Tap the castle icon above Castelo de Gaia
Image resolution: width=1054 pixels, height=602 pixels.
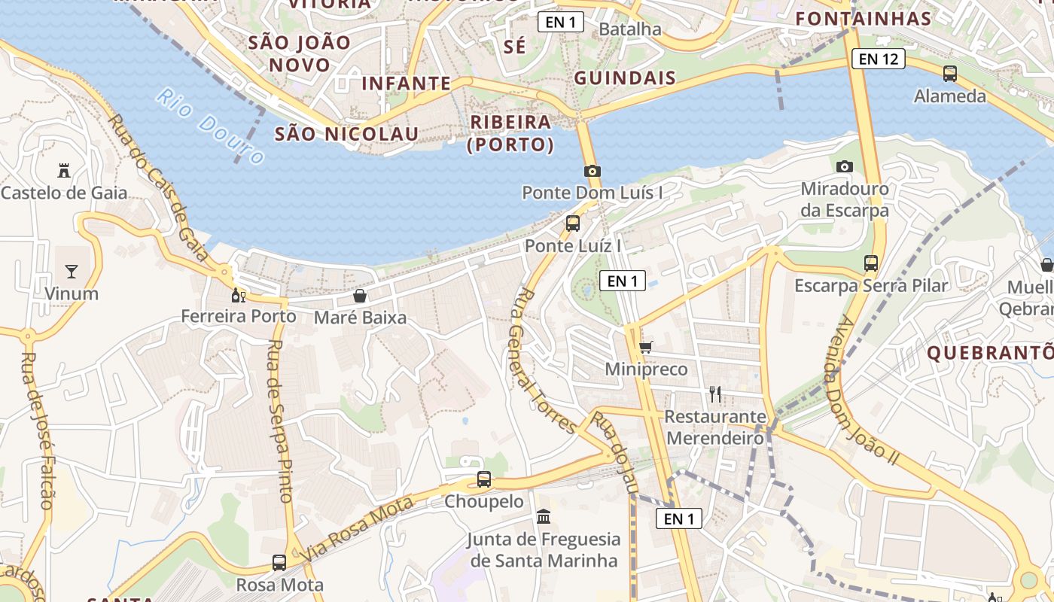click(64, 171)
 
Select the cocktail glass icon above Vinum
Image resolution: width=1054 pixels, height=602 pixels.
click(72, 272)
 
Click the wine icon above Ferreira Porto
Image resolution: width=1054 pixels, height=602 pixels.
click(239, 295)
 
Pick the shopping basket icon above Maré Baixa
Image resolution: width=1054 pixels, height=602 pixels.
click(360, 296)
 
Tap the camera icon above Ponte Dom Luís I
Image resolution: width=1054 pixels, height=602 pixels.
click(592, 171)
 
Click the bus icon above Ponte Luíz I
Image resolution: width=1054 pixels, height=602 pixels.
click(573, 223)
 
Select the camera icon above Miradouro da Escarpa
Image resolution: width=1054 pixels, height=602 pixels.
click(845, 166)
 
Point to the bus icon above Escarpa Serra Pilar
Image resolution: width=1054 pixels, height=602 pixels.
click(871, 263)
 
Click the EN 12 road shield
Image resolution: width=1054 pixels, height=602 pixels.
click(879, 59)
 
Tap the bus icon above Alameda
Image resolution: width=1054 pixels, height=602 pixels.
click(950, 74)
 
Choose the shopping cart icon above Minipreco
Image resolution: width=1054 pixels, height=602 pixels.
click(646, 348)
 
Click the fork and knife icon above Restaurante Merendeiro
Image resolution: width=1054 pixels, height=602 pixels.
click(715, 394)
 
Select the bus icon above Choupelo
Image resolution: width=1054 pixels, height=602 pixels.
click(484, 479)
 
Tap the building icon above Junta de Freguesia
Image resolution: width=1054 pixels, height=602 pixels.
click(544, 517)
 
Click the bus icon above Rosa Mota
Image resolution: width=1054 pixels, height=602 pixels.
click(279, 563)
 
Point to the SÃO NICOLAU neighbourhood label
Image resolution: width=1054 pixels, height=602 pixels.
click(346, 134)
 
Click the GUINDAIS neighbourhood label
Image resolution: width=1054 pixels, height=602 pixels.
click(625, 78)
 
